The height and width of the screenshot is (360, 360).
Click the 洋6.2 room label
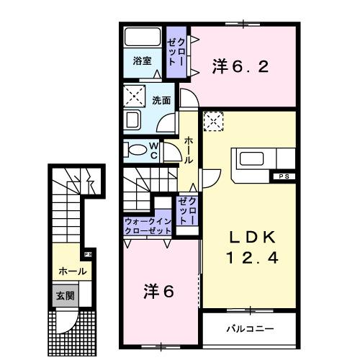point(240,67)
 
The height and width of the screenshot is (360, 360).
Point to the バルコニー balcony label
point(250,328)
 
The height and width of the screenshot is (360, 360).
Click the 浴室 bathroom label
point(141,62)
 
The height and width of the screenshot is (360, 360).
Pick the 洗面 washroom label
point(161,101)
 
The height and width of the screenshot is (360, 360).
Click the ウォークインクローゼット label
point(148,226)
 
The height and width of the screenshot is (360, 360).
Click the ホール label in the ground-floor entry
point(73,271)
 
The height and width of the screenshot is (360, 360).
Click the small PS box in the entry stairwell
point(88,254)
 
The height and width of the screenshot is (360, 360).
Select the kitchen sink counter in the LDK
point(253,158)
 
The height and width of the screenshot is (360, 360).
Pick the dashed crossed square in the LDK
point(214,122)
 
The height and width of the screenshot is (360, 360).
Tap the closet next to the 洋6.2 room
point(177,52)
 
